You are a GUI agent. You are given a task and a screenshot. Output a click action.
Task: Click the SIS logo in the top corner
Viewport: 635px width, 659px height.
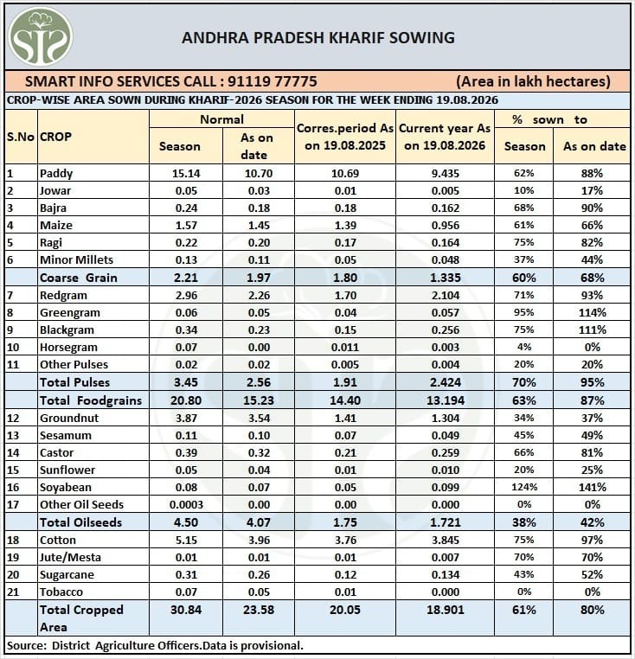pos(41,37)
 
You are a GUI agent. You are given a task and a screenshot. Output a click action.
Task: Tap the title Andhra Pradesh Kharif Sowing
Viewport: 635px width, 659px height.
pos(317,38)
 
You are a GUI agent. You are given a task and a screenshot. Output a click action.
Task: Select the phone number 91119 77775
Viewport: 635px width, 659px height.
pos(273,81)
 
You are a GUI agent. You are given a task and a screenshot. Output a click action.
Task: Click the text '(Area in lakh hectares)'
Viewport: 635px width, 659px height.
pos(533,81)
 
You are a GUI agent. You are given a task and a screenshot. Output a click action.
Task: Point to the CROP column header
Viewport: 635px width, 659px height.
pos(55,137)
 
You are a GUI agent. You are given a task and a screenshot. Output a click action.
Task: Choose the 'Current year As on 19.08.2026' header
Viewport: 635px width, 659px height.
pos(445,137)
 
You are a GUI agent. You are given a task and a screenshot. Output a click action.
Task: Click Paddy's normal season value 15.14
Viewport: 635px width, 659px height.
pos(186,173)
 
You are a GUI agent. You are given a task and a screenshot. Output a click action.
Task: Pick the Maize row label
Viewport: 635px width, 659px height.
pos(56,225)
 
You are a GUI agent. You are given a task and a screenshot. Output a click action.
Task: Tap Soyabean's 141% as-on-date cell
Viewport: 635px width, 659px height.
pos(592,487)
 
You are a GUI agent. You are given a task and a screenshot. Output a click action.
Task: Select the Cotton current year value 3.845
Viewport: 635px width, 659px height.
pos(446,540)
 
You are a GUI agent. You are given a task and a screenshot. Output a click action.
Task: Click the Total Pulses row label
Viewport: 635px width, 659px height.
pos(74,382)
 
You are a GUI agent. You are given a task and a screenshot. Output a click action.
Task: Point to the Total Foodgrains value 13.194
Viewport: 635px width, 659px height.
pos(446,400)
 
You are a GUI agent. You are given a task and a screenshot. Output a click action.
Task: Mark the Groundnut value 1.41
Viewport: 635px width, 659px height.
pos(345,419)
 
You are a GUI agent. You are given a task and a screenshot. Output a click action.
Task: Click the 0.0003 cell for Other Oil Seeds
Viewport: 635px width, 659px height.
pos(186,504)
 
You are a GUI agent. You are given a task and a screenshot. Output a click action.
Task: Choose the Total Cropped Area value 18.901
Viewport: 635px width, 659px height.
pos(446,610)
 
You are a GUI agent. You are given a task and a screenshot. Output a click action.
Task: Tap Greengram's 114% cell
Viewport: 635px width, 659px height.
pos(592,313)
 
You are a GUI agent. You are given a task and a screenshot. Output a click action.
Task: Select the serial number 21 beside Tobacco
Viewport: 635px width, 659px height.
pos(13,592)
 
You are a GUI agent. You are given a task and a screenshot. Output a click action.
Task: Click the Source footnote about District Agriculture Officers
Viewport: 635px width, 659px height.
pos(155,645)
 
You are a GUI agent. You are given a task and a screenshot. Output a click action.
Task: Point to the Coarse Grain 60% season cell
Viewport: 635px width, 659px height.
pos(524,278)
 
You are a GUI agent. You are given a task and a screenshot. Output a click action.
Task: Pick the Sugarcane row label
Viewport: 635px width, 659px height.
pos(67,574)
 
